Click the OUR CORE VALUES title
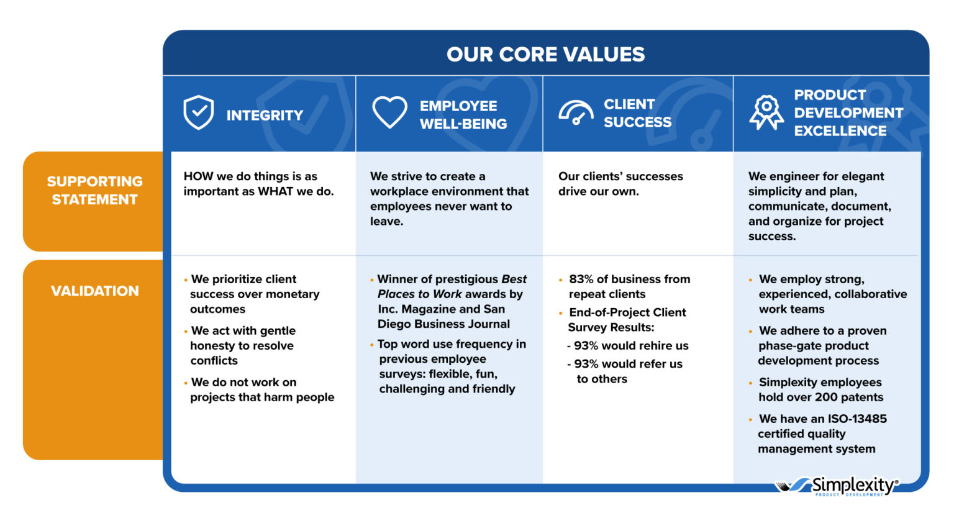tap(545, 55)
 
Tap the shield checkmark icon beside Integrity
tap(199, 112)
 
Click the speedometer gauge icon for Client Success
tap(576, 113)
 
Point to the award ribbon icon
tap(766, 112)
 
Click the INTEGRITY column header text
tap(265, 116)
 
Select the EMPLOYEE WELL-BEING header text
tap(463, 115)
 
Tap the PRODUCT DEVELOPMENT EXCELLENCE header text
tap(848, 113)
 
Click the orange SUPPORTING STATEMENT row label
tap(94, 191)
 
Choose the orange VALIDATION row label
tap(94, 291)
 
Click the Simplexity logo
tap(837, 485)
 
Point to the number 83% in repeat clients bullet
tap(581, 279)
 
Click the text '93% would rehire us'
tap(630, 346)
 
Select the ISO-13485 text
tap(856, 419)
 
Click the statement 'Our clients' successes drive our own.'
tap(620, 184)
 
